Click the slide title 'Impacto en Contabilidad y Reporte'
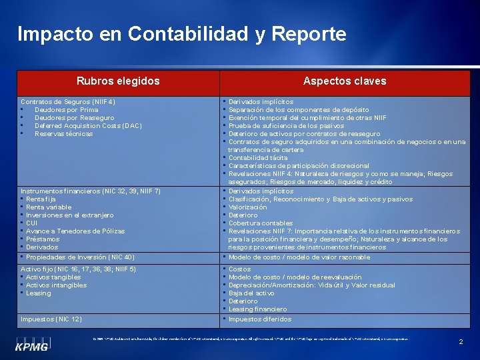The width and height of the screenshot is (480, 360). click(182, 34)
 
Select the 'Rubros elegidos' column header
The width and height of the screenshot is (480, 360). click(118, 81)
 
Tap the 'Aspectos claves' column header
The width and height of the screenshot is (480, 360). click(345, 81)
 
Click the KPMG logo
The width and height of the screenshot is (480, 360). click(32, 346)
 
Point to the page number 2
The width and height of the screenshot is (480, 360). click(461, 341)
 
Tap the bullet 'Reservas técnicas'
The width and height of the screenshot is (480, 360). click(64, 134)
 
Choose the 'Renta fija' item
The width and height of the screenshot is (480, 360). click(41, 199)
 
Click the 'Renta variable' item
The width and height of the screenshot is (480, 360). click(49, 207)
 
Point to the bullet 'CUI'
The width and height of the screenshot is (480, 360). click(32, 223)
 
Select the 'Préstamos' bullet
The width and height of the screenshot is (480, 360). click(43, 239)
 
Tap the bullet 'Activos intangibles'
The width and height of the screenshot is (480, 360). click(57, 285)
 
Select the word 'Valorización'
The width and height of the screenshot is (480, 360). click(247, 207)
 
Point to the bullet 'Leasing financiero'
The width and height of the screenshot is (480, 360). click(257, 309)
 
